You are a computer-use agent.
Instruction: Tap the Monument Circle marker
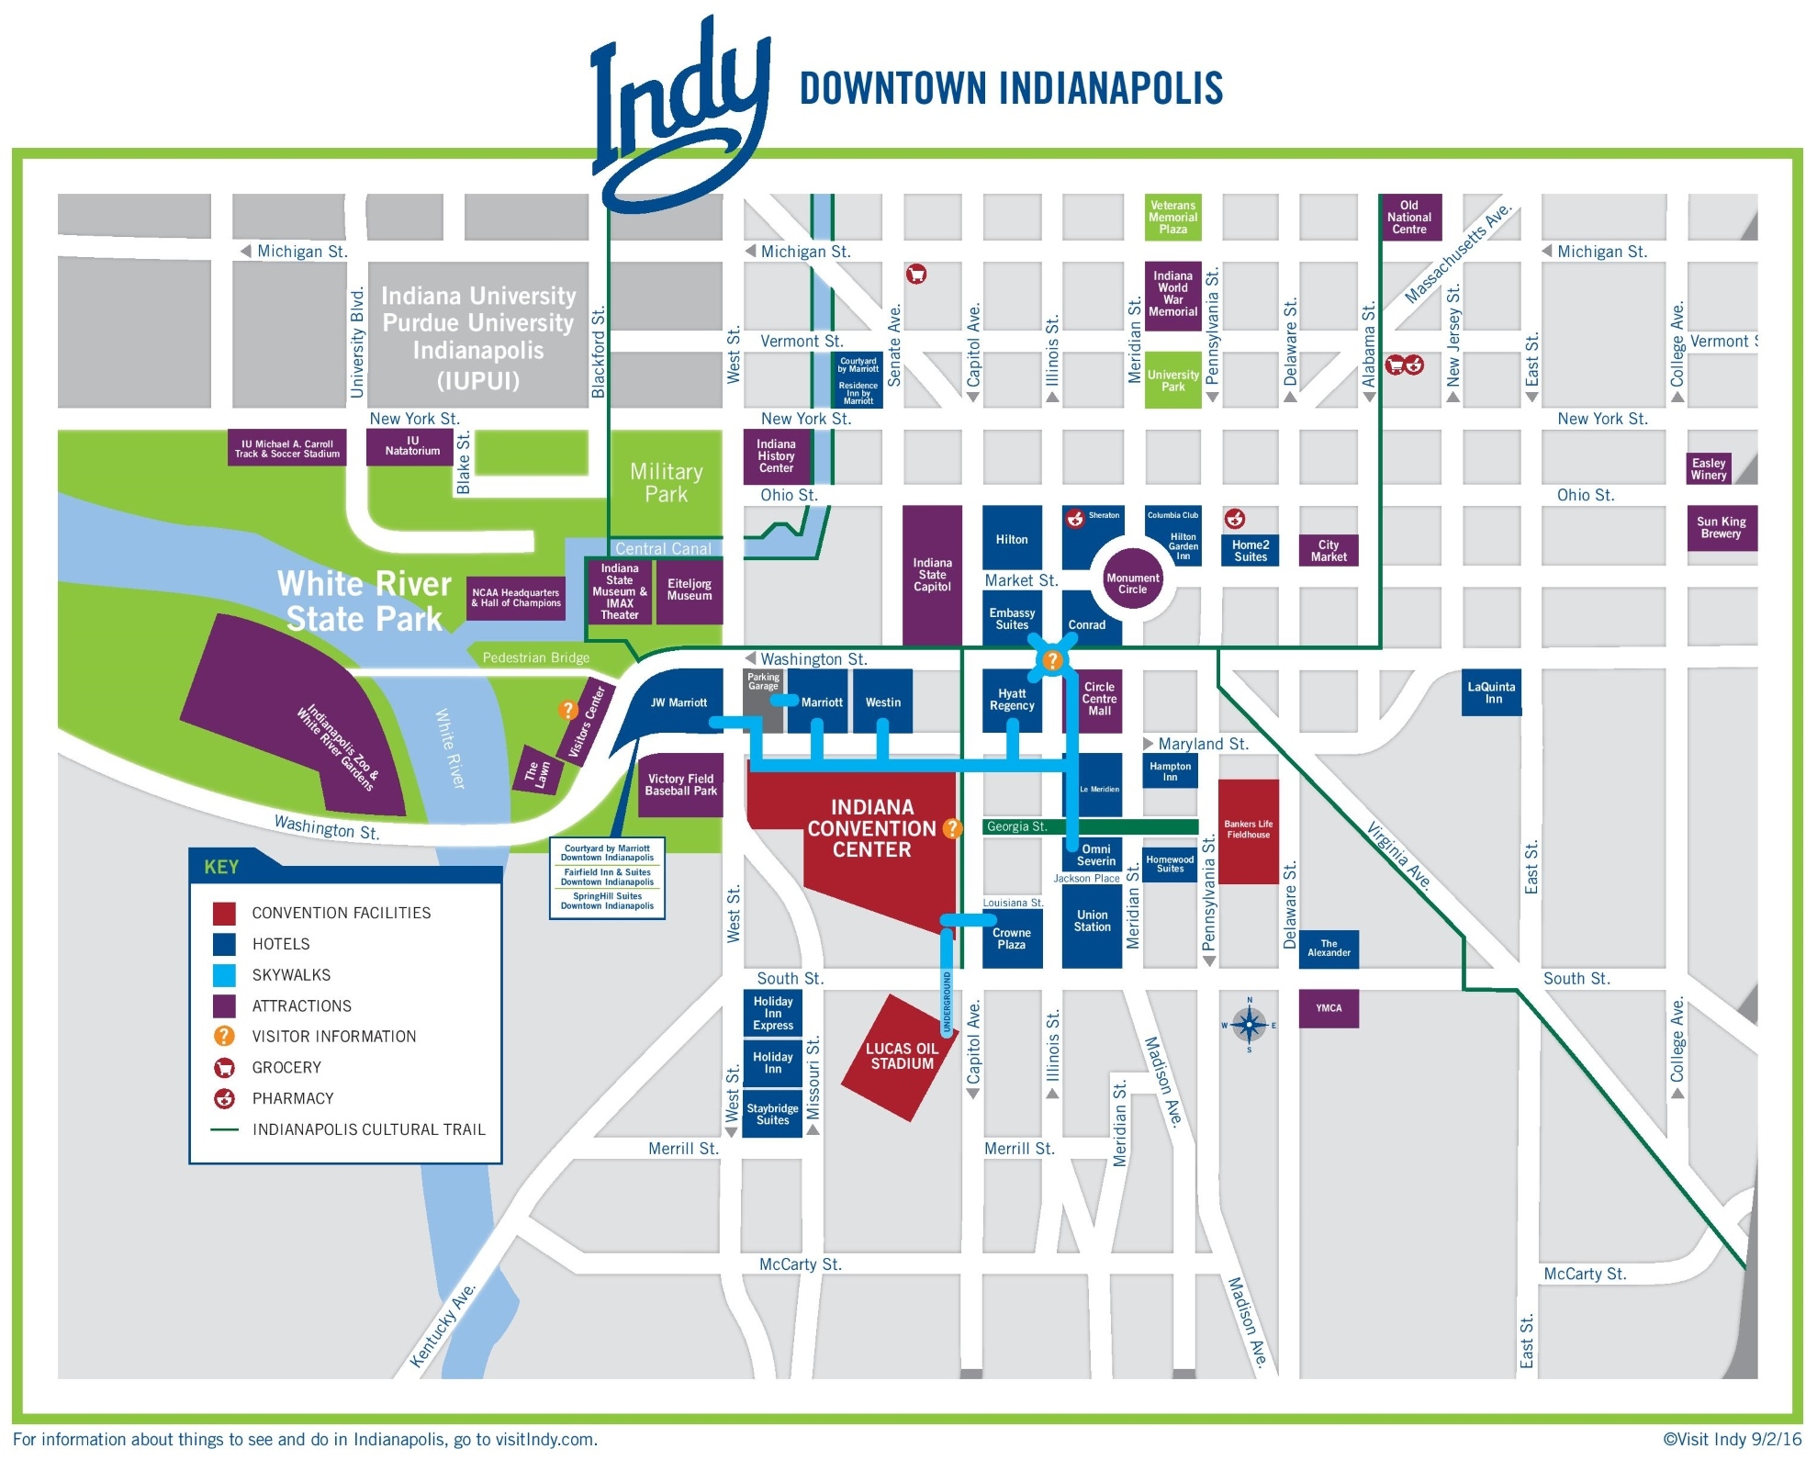tap(1131, 582)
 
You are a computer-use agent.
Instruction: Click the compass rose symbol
tap(1249, 1024)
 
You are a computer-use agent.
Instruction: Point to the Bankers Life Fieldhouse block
tap(1248, 831)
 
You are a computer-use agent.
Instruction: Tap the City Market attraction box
tap(1328, 550)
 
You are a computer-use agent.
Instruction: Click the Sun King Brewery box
tap(1721, 528)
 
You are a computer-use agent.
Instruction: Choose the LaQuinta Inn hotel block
tap(1490, 693)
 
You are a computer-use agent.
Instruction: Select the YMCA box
tap(1328, 1008)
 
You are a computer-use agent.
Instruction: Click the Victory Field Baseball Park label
tap(680, 785)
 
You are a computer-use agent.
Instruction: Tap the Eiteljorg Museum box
tap(689, 590)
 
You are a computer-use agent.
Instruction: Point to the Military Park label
tap(666, 483)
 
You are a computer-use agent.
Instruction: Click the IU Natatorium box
tap(412, 446)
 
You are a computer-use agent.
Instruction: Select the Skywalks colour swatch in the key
tap(224, 975)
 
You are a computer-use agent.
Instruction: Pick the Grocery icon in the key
tap(224, 1068)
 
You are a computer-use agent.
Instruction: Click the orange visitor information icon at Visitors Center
tap(567, 710)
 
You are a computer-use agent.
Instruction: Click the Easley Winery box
tap(1708, 469)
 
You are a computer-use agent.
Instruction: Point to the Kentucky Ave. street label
tap(443, 1326)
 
